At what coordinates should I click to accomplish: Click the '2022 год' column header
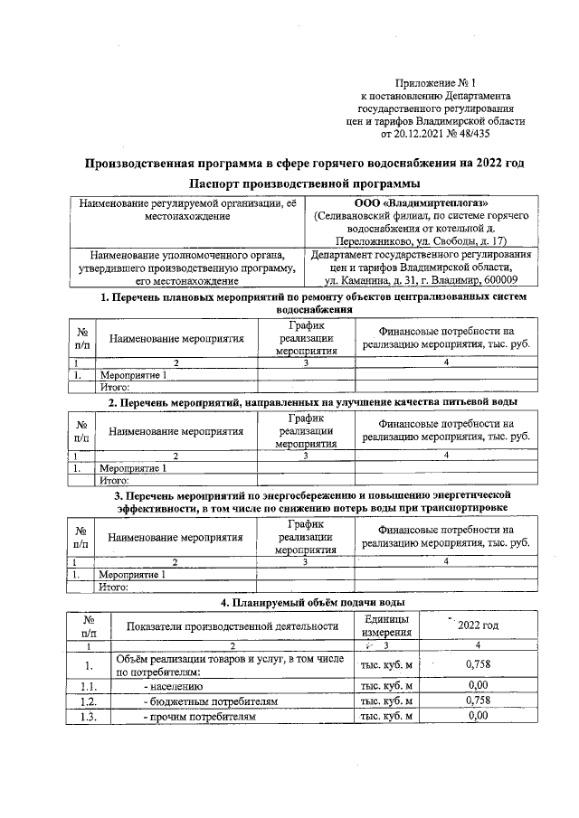477,625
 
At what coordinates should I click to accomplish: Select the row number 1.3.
89,716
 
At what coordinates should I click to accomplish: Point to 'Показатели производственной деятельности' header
233,625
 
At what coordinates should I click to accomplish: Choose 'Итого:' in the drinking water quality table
115,482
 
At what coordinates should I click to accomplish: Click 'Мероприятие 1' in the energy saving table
133,574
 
